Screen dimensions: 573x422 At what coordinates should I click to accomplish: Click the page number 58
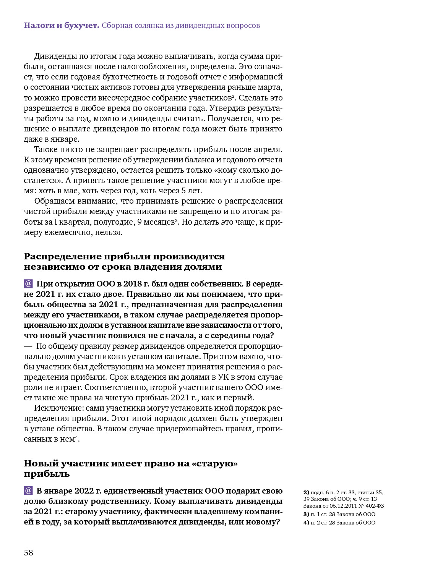(x=29, y=552)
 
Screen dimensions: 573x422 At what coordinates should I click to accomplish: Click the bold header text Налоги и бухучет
(x=61, y=26)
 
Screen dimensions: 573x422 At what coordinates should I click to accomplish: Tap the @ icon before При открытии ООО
(x=28, y=284)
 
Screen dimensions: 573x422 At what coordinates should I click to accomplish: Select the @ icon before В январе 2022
(x=28, y=490)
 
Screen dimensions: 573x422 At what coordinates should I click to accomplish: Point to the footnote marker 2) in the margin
(x=306, y=492)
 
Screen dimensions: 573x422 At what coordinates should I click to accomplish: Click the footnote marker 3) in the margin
(x=306, y=514)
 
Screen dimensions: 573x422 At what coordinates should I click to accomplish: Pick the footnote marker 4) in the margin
(x=306, y=523)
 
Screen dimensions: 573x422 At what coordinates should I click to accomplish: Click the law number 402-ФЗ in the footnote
(x=375, y=506)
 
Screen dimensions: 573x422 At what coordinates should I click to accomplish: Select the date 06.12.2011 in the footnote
(x=343, y=506)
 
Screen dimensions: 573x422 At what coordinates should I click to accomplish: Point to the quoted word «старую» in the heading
(x=214, y=463)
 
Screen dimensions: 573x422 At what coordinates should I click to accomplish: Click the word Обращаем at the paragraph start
(x=54, y=201)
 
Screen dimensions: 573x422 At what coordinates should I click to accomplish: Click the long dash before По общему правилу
(x=28, y=346)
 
